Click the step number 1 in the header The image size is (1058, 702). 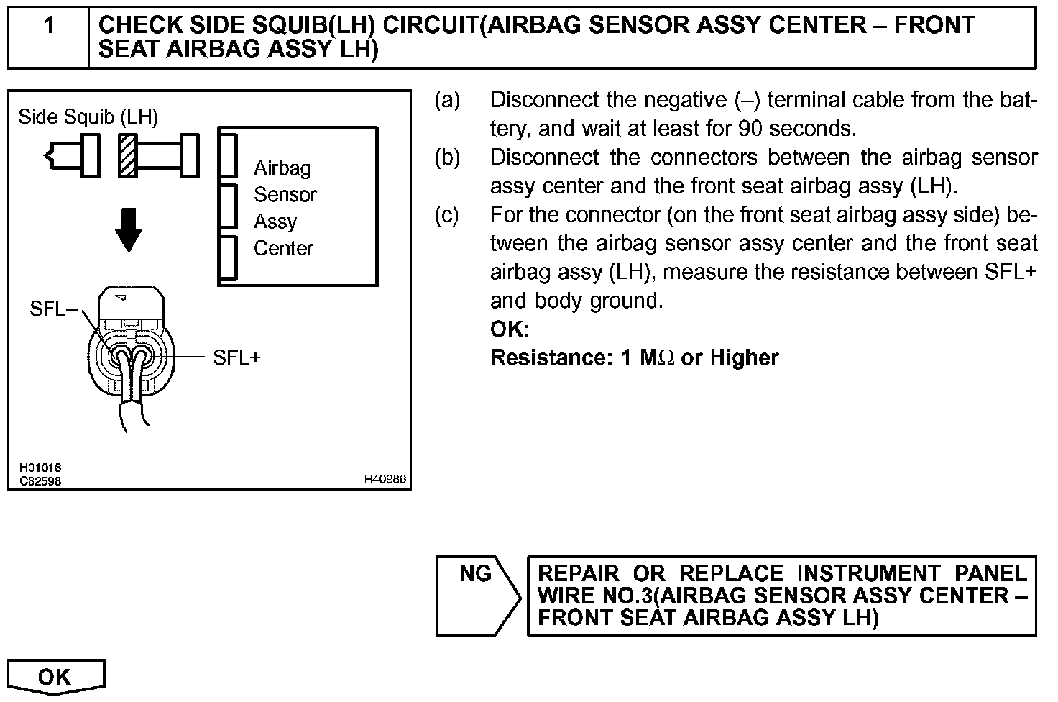tap(49, 27)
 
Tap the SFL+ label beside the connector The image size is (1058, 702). tap(236, 357)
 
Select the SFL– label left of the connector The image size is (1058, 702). tap(54, 310)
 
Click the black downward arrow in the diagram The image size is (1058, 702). tap(129, 229)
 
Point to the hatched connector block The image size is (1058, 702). tap(127, 155)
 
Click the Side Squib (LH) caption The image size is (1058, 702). tap(88, 117)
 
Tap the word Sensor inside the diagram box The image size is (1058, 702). tap(285, 195)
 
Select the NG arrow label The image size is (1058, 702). tap(476, 574)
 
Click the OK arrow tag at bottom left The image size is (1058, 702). tap(55, 677)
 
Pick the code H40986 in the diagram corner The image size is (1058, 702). tap(385, 479)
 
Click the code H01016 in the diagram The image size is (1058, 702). tap(40, 468)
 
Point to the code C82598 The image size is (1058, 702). tap(40, 480)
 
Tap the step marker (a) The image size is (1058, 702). tap(447, 100)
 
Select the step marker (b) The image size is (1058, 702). tap(447, 158)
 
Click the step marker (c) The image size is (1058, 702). tap(447, 215)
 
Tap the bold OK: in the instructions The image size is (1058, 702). tap(510, 329)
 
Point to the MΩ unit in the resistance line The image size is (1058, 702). tap(657, 357)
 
